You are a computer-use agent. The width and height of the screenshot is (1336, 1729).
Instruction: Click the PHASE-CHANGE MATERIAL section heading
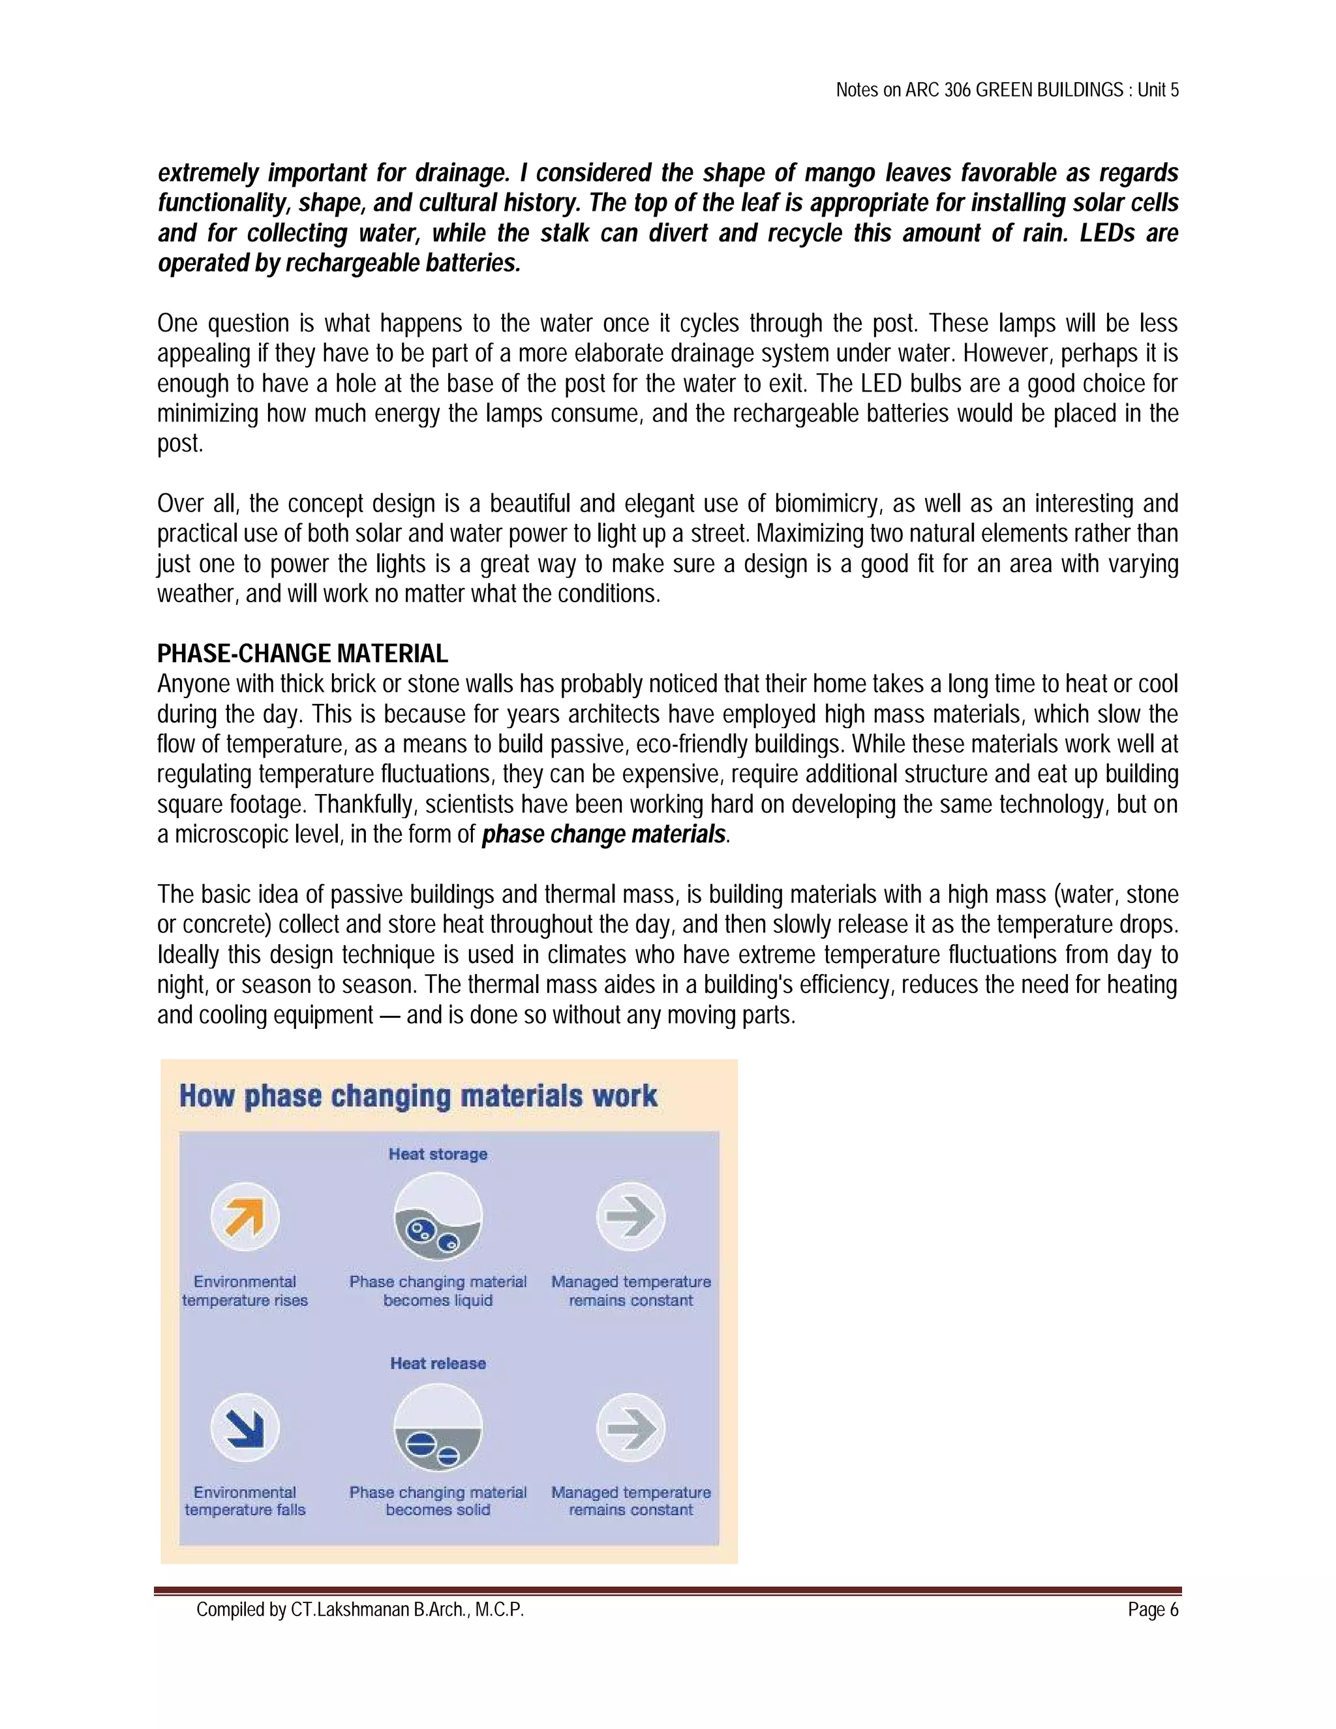point(302,654)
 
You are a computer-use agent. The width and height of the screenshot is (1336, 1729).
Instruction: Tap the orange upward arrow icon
point(245,1217)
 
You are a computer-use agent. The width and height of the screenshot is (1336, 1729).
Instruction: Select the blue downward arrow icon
point(245,1428)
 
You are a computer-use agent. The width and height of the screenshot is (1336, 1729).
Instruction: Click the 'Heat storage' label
point(438,1154)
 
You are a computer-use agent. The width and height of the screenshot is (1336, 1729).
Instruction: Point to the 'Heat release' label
point(438,1363)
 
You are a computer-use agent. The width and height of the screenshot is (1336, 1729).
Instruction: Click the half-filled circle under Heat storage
point(438,1217)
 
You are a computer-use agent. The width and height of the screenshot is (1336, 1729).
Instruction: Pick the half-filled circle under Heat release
point(438,1428)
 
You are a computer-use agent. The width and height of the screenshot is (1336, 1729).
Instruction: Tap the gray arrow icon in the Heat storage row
point(631,1217)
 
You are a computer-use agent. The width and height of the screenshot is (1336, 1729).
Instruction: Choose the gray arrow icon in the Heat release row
point(631,1428)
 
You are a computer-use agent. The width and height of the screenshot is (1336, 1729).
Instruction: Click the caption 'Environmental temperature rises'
point(245,1291)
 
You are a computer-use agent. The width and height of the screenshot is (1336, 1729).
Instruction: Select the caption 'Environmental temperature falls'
point(245,1501)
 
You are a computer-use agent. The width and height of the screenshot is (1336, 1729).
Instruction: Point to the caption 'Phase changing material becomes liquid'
point(438,1291)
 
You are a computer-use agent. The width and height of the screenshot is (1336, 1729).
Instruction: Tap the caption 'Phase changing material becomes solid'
point(438,1501)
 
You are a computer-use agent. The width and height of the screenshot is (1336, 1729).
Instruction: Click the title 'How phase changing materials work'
point(418,1097)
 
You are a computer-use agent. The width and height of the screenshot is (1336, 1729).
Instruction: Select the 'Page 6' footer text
point(1153,1610)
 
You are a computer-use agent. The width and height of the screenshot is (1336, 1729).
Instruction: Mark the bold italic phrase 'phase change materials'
point(604,834)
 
